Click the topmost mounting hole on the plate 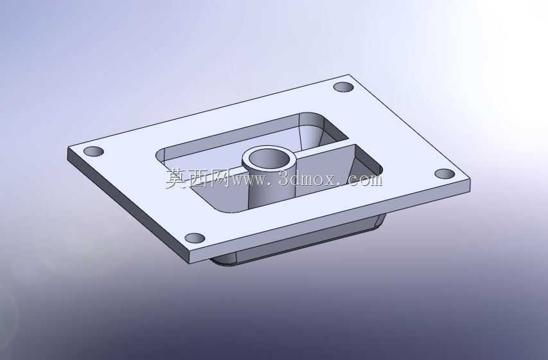(x=344, y=87)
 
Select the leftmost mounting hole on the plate (x=94, y=152)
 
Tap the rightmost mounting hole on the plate (x=445, y=174)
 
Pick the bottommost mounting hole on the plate (x=195, y=239)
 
